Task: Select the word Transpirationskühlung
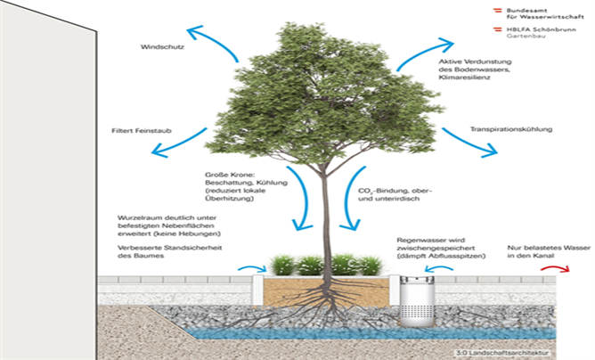pyautogui.click(x=510, y=129)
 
